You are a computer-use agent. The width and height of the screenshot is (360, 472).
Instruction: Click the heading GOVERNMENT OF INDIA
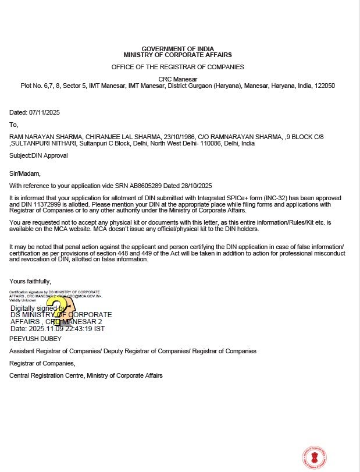(x=177, y=48)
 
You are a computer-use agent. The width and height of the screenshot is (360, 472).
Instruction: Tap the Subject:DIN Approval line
(x=38, y=156)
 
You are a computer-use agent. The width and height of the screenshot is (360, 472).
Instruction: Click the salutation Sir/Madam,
(x=25, y=173)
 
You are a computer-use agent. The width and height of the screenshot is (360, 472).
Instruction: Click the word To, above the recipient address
(x=14, y=124)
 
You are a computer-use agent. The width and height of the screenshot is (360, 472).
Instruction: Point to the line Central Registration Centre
(x=86, y=375)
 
